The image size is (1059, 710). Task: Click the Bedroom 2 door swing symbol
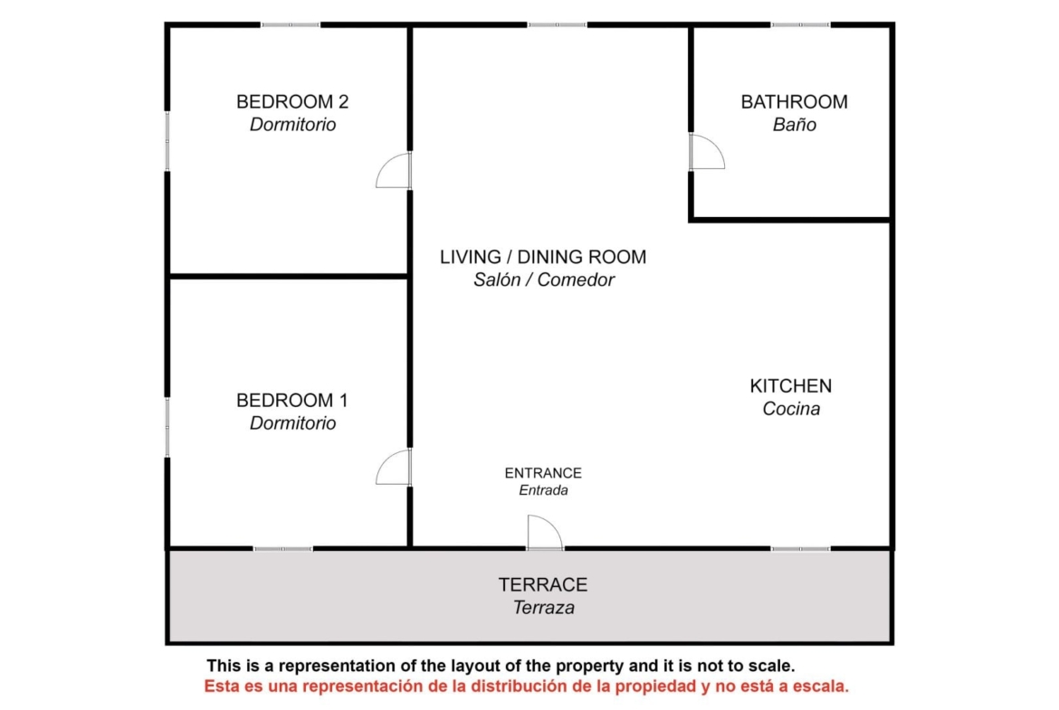pos(394,171)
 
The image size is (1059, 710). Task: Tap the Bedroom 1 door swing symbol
pos(394,467)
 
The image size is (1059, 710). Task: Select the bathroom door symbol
pos(707,152)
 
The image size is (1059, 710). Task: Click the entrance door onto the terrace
pos(545,533)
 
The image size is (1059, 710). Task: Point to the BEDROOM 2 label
pos(292,102)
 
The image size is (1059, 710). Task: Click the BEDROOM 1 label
pos(292,401)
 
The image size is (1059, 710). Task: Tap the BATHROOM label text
pos(795,102)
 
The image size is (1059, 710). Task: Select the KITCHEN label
pos(791,386)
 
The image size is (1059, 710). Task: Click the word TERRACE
pos(543,585)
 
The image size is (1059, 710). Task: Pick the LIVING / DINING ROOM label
pos(543,257)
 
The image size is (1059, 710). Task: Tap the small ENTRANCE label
pos(543,473)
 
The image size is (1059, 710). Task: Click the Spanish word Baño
pos(795,125)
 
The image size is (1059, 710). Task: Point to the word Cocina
pos(791,409)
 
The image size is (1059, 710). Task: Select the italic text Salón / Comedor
pos(544,280)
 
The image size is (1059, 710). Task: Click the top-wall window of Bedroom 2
pos(291,25)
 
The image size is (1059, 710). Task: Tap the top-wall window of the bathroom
pos(800,25)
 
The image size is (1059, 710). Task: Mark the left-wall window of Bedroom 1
pos(167,428)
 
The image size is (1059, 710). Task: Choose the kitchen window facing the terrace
pos(800,549)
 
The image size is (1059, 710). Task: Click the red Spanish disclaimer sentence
pos(526,686)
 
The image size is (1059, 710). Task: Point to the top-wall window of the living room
pos(558,25)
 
